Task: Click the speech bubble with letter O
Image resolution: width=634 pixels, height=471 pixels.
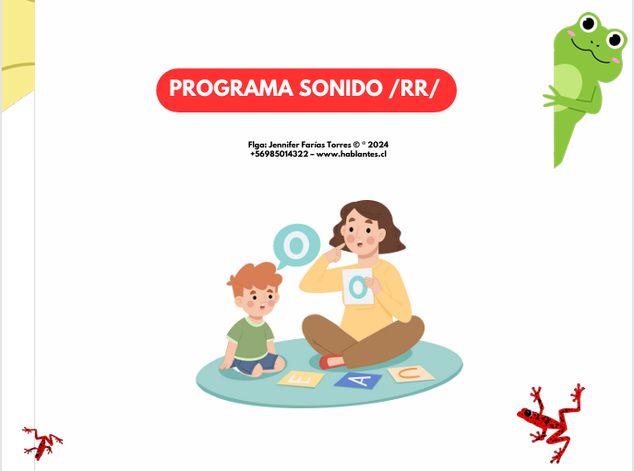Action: (x=295, y=245)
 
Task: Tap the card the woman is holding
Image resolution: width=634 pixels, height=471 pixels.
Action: (x=358, y=286)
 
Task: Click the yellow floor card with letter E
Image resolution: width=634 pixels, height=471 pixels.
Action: (x=300, y=378)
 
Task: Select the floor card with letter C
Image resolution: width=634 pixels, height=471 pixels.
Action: (x=410, y=372)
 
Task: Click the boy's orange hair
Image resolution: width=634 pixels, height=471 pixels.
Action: (x=254, y=276)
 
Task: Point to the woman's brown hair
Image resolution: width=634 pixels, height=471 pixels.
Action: (x=388, y=226)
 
